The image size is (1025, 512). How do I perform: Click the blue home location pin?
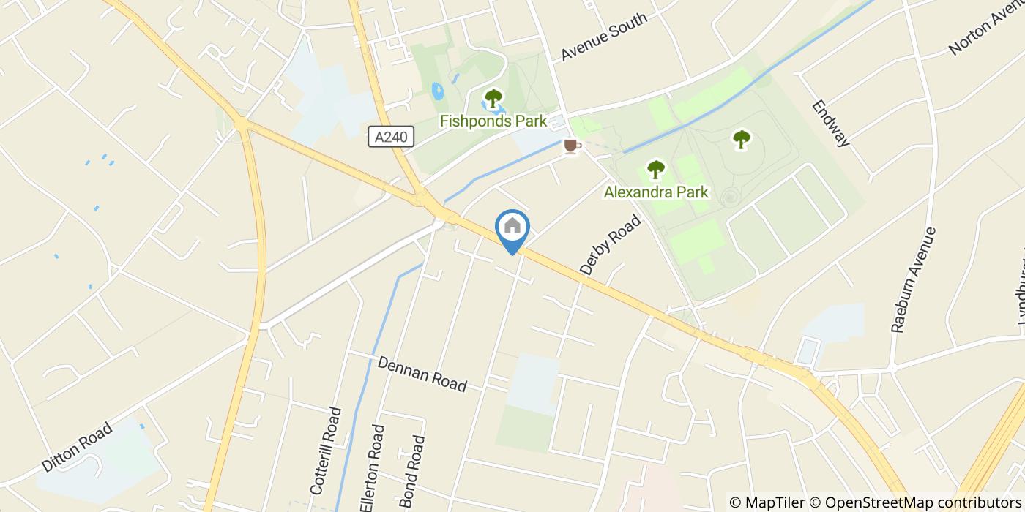(x=512, y=229)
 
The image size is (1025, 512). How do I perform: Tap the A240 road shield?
(x=391, y=137)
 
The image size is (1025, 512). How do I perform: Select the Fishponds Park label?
(x=493, y=121)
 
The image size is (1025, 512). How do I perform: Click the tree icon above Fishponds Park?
(x=493, y=98)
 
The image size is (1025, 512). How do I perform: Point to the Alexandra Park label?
(x=656, y=192)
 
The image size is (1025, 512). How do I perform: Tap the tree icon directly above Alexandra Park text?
(x=656, y=170)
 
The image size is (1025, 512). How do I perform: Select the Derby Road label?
(x=610, y=245)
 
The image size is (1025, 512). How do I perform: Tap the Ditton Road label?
(x=77, y=447)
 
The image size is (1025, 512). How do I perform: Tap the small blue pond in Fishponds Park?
(x=438, y=91)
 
